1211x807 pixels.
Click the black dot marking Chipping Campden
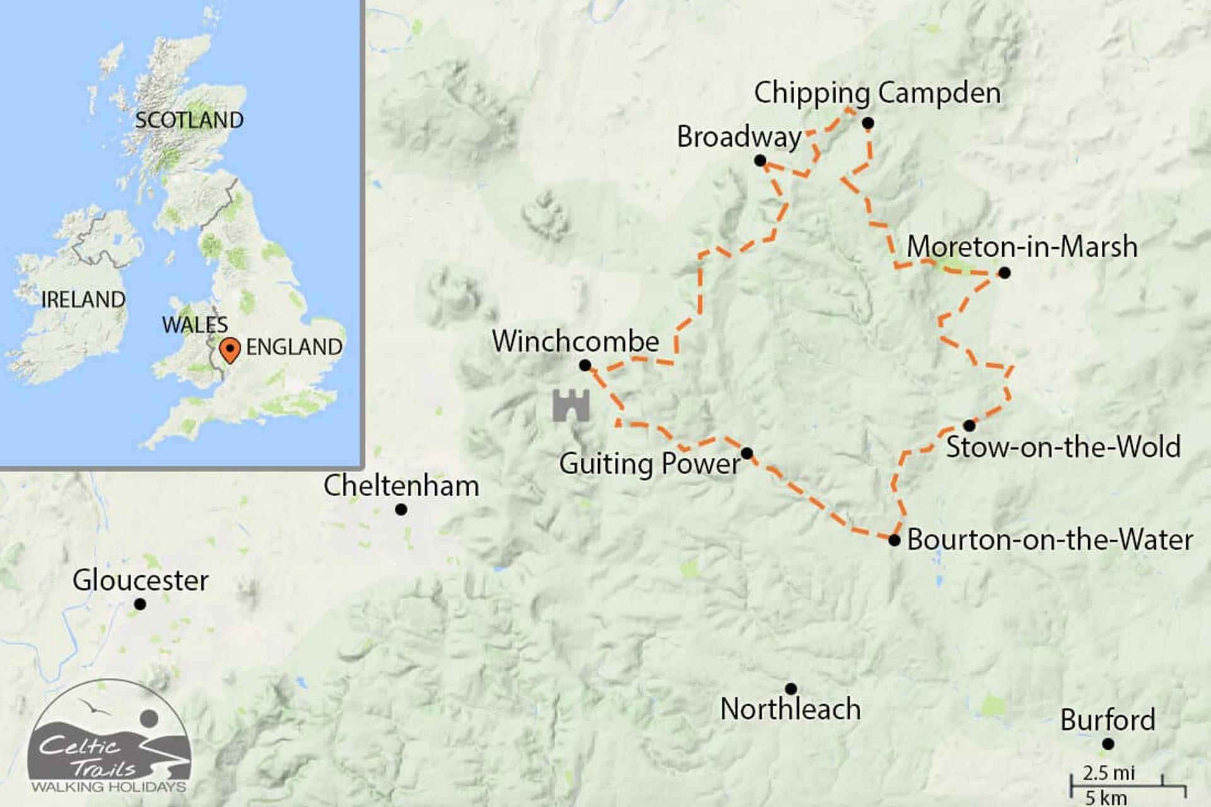point(868,124)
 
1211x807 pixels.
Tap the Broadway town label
point(739,137)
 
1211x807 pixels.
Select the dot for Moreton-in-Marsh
point(1005,273)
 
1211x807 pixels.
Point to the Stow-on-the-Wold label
point(1063,447)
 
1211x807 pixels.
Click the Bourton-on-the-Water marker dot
point(894,540)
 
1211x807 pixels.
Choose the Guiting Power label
point(650,464)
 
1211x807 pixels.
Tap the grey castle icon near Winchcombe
point(571,405)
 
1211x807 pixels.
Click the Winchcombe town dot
point(585,366)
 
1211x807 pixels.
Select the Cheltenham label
point(401,486)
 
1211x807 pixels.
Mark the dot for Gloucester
point(140,605)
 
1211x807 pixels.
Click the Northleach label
point(790,709)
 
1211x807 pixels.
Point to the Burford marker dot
point(1108,745)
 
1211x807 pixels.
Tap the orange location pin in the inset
point(230,349)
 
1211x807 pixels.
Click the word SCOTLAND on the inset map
point(189,120)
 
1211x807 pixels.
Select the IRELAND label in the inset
point(83,299)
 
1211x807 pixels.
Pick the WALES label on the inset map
point(194,325)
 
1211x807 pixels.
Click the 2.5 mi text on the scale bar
point(1108,772)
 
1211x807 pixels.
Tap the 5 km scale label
point(1106,797)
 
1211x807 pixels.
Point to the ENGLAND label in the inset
point(294,347)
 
